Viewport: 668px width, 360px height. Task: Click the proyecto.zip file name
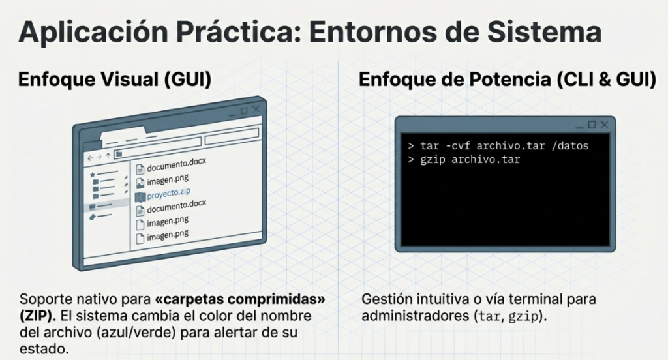pos(169,193)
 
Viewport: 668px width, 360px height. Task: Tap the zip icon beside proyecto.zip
pos(140,195)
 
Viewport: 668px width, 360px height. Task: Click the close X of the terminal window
pos(605,124)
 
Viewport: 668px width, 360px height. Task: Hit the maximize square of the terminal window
pos(592,124)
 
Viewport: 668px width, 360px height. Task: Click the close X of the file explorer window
pos(256,110)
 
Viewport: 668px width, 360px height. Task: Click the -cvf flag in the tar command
pos(457,145)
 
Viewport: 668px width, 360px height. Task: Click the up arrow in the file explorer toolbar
pos(108,156)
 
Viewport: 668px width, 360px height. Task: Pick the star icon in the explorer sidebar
pos(93,174)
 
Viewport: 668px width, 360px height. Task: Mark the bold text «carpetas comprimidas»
pos(241,300)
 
